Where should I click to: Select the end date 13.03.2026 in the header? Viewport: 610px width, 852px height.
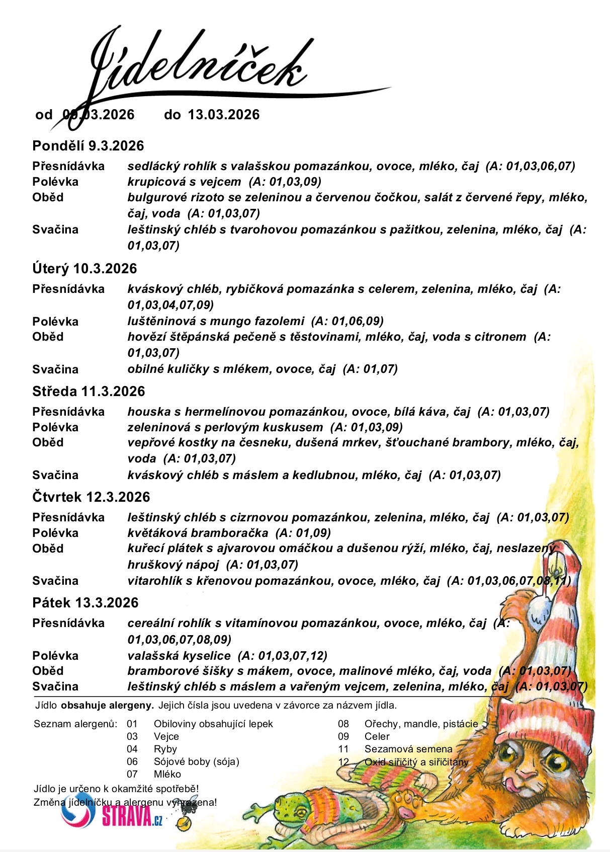coord(224,115)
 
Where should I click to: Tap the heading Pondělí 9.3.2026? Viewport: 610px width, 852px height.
coord(88,146)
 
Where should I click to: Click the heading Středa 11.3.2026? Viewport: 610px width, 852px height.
coord(89,392)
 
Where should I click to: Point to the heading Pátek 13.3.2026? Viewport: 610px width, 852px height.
coord(85,603)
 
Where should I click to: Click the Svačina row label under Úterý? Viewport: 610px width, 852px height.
coord(55,369)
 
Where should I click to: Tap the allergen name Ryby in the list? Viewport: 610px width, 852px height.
coord(165,749)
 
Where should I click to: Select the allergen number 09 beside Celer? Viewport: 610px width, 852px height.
coord(343,736)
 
